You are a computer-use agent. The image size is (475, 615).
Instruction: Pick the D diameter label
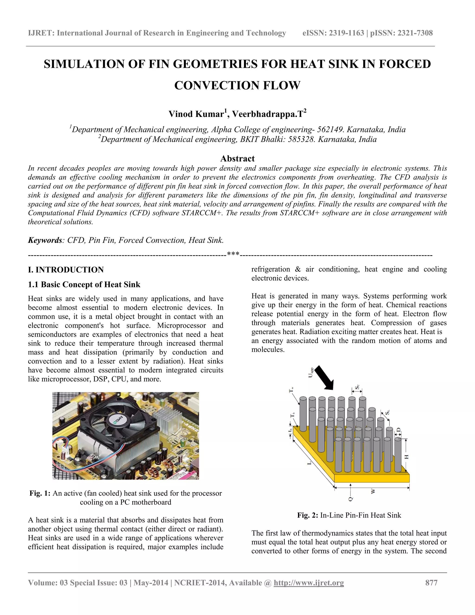[398, 430]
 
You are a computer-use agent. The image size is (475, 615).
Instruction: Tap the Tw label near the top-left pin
[292, 390]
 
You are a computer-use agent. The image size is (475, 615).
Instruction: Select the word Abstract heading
[237, 159]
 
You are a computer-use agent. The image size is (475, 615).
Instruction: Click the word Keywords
[45, 240]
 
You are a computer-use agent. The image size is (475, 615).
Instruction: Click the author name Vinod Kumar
[196, 114]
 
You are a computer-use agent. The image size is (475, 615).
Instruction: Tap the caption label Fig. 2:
[308, 515]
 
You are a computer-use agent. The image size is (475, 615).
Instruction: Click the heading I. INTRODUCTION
[66, 269]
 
